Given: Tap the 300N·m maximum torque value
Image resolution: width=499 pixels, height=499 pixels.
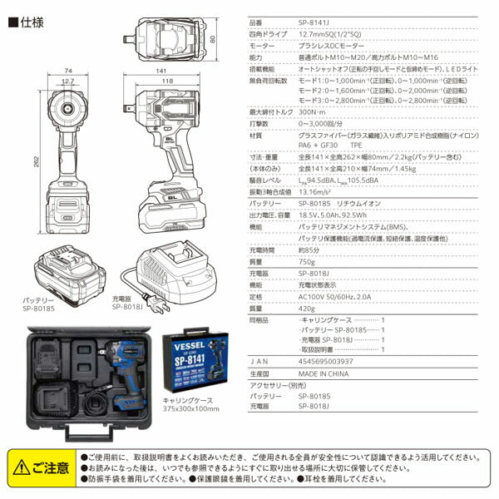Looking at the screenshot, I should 313,111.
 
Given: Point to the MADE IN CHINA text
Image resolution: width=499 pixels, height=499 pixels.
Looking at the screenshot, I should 325,373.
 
